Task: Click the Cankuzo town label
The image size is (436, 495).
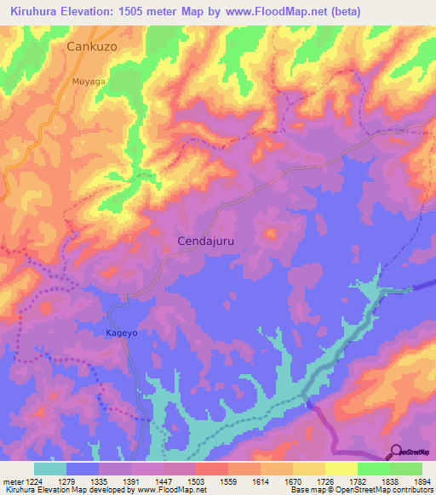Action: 92,48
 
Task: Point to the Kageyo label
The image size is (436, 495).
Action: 121,333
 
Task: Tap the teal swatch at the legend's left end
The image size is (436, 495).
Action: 50,469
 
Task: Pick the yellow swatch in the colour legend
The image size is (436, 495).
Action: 341,469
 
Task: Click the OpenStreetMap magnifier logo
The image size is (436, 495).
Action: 395,452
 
